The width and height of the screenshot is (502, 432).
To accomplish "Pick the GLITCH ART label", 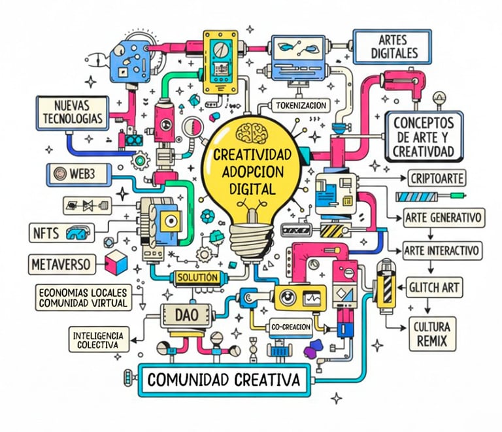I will point(434,286).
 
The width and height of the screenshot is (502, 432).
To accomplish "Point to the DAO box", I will point(182,314).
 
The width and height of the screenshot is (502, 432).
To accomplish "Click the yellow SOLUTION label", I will point(197,277).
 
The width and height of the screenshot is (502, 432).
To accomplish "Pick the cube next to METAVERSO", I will point(116,263).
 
